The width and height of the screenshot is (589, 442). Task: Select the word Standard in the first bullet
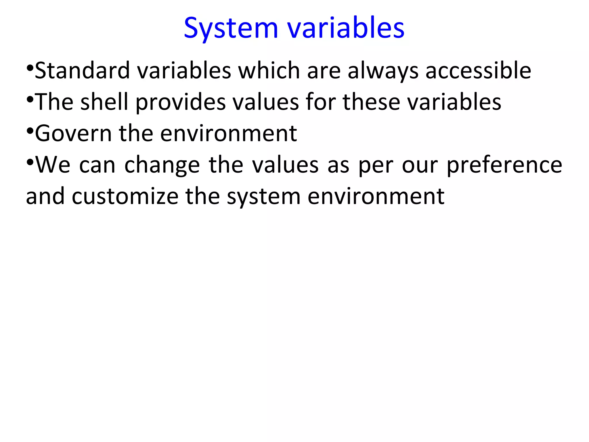coord(82,71)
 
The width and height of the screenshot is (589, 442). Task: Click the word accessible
coord(478,71)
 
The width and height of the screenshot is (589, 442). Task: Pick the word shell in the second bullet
coord(104,102)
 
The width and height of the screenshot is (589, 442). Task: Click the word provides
coord(181,102)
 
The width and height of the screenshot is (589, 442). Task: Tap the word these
coord(371,102)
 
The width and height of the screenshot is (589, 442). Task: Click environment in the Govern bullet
coord(228,134)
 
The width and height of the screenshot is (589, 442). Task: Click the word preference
coord(504,165)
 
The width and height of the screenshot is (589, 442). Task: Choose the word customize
coord(125,197)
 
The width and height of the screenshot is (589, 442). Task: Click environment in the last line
coord(376,197)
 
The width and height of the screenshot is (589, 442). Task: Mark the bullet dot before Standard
coord(30,68)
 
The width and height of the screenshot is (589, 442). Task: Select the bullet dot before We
coord(30,163)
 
